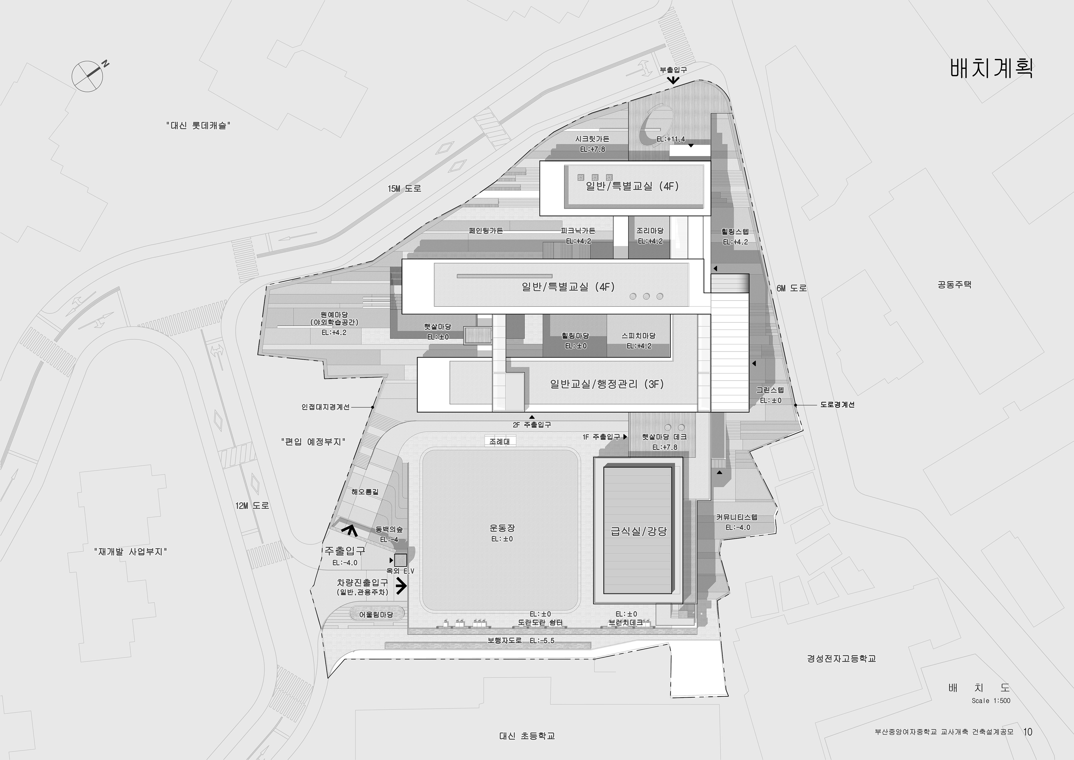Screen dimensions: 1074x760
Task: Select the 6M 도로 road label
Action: pos(792,288)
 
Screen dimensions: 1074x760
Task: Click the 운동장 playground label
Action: pos(502,528)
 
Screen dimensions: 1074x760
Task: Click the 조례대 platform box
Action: pos(500,441)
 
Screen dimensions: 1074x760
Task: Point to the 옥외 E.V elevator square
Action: pos(401,560)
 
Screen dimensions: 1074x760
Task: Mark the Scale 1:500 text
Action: pos(991,701)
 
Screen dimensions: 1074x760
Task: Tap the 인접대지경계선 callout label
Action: pos(325,407)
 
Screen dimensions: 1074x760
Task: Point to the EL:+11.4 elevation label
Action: pos(670,139)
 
